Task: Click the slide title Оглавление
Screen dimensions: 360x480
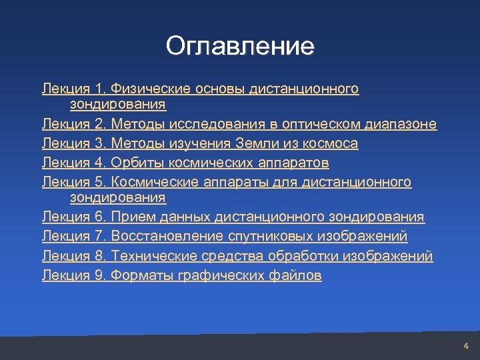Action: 240,46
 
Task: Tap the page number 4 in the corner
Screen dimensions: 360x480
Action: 466,346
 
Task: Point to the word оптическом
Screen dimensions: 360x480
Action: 321,124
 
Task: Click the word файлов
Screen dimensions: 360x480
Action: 298,275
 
